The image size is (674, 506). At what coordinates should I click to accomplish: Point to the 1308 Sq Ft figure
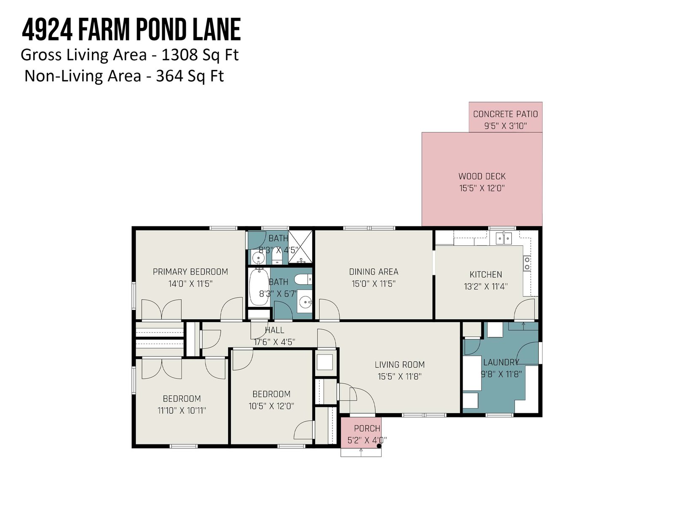[200, 55]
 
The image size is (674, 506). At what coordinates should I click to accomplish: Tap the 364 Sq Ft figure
[190, 76]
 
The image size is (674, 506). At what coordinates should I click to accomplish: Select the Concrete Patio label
[505, 114]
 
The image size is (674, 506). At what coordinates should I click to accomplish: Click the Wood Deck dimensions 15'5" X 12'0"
[482, 188]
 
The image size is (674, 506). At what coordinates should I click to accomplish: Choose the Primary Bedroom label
[190, 272]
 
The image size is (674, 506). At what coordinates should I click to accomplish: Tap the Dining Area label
[374, 272]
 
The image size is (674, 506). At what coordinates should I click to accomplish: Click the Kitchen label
[486, 275]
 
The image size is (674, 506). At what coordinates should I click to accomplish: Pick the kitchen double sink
[503, 238]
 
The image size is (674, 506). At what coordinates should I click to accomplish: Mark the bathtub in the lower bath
[259, 286]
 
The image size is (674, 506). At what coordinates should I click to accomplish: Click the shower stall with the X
[300, 247]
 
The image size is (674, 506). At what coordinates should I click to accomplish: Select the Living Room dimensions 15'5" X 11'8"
[399, 377]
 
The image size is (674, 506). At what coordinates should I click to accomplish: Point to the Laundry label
[501, 362]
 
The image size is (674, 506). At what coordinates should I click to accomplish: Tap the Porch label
[367, 428]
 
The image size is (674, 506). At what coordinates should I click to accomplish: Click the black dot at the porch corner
[379, 446]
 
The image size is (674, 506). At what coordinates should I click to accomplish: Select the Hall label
[275, 330]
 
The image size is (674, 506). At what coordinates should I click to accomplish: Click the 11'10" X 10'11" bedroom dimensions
[182, 410]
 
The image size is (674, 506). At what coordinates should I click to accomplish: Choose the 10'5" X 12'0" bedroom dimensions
[271, 406]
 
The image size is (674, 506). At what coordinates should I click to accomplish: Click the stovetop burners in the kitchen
[527, 263]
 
